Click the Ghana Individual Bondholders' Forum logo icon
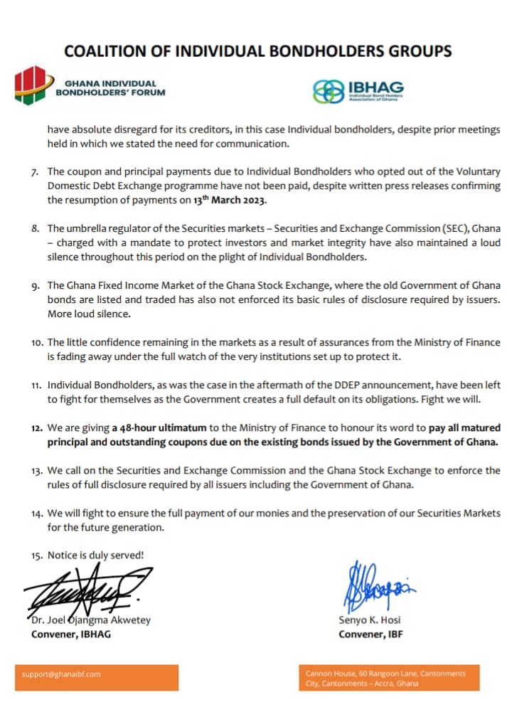[30, 86]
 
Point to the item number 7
[36, 172]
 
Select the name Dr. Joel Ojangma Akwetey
[90, 620]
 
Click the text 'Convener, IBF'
[370, 634]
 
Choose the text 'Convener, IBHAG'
[71, 634]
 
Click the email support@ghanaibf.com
[62, 674]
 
